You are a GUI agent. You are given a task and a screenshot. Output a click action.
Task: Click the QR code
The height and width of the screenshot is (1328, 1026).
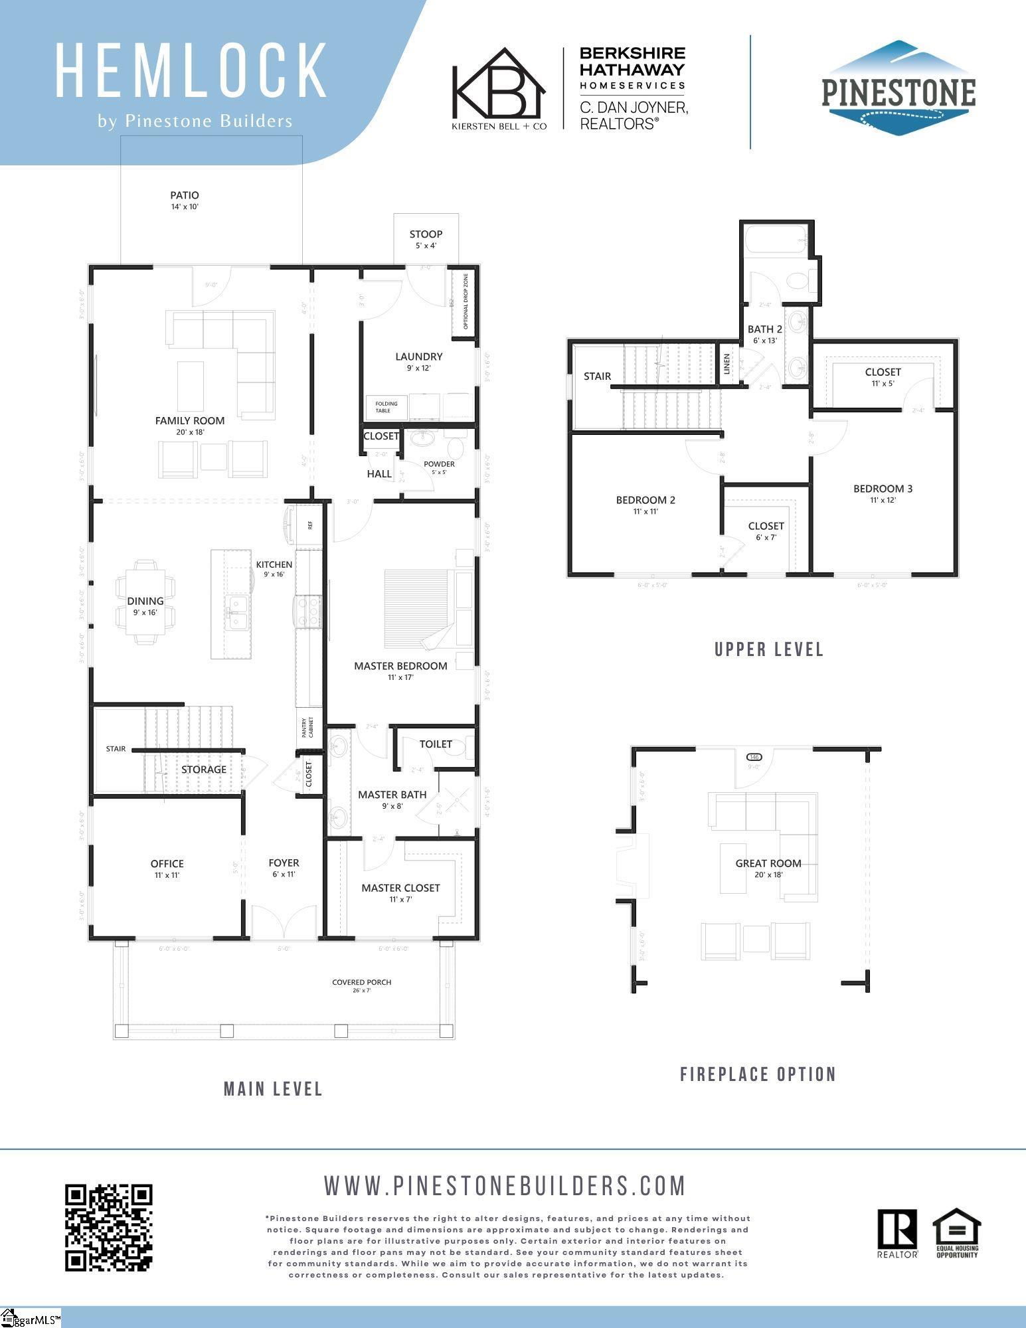click(x=108, y=1228)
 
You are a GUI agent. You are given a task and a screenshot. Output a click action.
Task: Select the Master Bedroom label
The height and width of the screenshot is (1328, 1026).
click(x=400, y=666)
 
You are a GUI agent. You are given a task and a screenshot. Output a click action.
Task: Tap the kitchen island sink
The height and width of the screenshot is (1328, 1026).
click(x=236, y=612)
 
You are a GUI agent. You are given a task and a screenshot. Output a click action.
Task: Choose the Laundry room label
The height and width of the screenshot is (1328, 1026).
click(x=418, y=357)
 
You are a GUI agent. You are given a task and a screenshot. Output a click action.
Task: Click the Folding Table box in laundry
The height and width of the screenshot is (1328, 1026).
click(x=386, y=406)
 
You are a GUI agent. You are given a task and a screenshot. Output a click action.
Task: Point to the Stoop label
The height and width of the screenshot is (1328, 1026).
click(x=426, y=234)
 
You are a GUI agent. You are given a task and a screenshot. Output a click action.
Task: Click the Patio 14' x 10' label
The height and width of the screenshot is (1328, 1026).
click(x=185, y=200)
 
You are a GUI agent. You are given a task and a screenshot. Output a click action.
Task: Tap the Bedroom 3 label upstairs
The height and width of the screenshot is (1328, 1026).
click(x=883, y=489)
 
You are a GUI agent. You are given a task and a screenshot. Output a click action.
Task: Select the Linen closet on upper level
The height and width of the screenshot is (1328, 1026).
click(x=727, y=364)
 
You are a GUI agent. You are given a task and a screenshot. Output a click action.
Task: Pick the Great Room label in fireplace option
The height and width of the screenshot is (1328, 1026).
click(x=768, y=863)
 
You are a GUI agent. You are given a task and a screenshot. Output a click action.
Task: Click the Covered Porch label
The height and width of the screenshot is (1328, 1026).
click(x=362, y=982)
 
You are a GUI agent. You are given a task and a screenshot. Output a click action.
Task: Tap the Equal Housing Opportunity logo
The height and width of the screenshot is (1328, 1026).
click(x=957, y=1232)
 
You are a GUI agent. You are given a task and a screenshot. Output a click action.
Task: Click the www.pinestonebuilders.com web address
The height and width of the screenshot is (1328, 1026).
click(x=505, y=1185)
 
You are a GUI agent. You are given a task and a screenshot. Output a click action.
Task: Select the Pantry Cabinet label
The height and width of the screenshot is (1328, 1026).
click(x=308, y=728)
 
